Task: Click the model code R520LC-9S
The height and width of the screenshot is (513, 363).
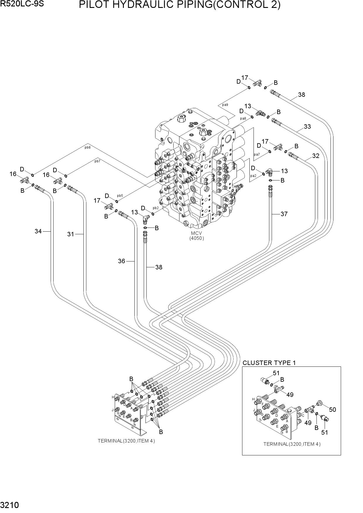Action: click(22, 4)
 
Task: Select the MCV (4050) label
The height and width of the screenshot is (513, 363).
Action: click(196, 236)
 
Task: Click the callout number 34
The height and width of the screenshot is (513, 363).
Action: click(38, 231)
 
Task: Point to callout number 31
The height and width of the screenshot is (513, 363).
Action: click(71, 234)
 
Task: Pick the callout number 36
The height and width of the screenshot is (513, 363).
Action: click(121, 261)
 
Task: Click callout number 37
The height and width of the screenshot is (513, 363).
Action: click(284, 214)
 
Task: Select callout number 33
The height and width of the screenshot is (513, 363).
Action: click(307, 127)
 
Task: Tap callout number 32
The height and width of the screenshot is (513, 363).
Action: click(316, 156)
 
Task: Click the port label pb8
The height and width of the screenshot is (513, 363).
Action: click(88, 147)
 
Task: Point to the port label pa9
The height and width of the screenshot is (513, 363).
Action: click(225, 104)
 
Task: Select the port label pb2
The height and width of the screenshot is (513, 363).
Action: click(156, 208)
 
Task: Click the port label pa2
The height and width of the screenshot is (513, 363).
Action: click(253, 176)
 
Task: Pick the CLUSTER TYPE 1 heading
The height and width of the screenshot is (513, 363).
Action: click(269, 363)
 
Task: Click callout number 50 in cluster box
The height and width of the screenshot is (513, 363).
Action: click(332, 410)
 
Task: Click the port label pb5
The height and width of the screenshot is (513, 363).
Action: click(120, 196)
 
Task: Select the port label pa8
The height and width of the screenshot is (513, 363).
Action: click(243, 118)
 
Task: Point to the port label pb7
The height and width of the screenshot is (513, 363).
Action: click(97, 161)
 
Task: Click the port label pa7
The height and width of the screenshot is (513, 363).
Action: click(257, 154)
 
